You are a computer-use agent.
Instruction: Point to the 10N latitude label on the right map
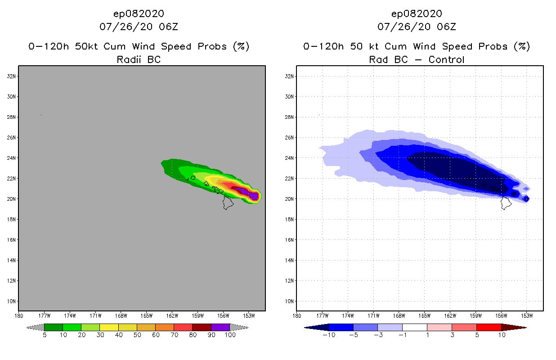290,301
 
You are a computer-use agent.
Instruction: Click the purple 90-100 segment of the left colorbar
220,327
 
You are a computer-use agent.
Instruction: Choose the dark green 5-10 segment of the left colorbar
54,327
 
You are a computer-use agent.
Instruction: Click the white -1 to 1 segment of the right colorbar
414,327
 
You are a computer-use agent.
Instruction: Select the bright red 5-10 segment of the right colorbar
489,327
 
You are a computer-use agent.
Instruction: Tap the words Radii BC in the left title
139,59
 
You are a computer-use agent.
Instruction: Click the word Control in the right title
446,59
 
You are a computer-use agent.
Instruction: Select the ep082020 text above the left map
139,13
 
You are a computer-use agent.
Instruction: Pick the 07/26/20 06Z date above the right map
417,27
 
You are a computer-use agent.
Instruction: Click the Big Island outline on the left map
228,203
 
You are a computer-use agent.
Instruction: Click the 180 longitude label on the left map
19,315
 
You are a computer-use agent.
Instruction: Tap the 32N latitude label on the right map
290,76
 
